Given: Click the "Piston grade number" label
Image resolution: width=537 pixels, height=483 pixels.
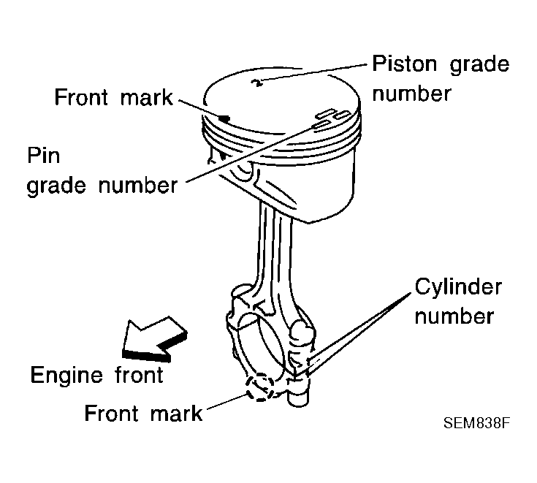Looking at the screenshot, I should click(440, 78).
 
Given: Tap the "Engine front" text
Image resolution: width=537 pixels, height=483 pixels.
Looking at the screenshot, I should click(96, 375).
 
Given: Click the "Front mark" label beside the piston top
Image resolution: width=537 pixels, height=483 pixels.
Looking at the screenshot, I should click(113, 98).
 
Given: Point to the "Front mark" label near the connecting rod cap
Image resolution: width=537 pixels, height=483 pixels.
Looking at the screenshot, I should click(143, 414).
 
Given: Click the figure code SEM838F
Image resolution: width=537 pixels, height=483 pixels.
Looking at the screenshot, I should click(474, 423).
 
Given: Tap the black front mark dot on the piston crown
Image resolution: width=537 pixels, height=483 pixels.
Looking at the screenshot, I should click(225, 116).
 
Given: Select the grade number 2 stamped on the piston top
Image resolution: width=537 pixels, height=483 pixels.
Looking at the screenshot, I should click(256, 82).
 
